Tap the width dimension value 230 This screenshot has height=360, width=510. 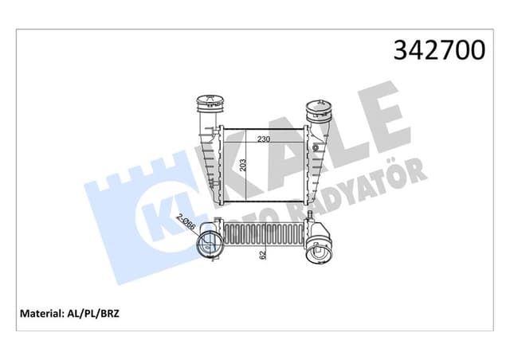tap(263, 139)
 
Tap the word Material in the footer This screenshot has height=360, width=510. tap(37, 314)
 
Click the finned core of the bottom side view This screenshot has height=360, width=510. tap(262, 236)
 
